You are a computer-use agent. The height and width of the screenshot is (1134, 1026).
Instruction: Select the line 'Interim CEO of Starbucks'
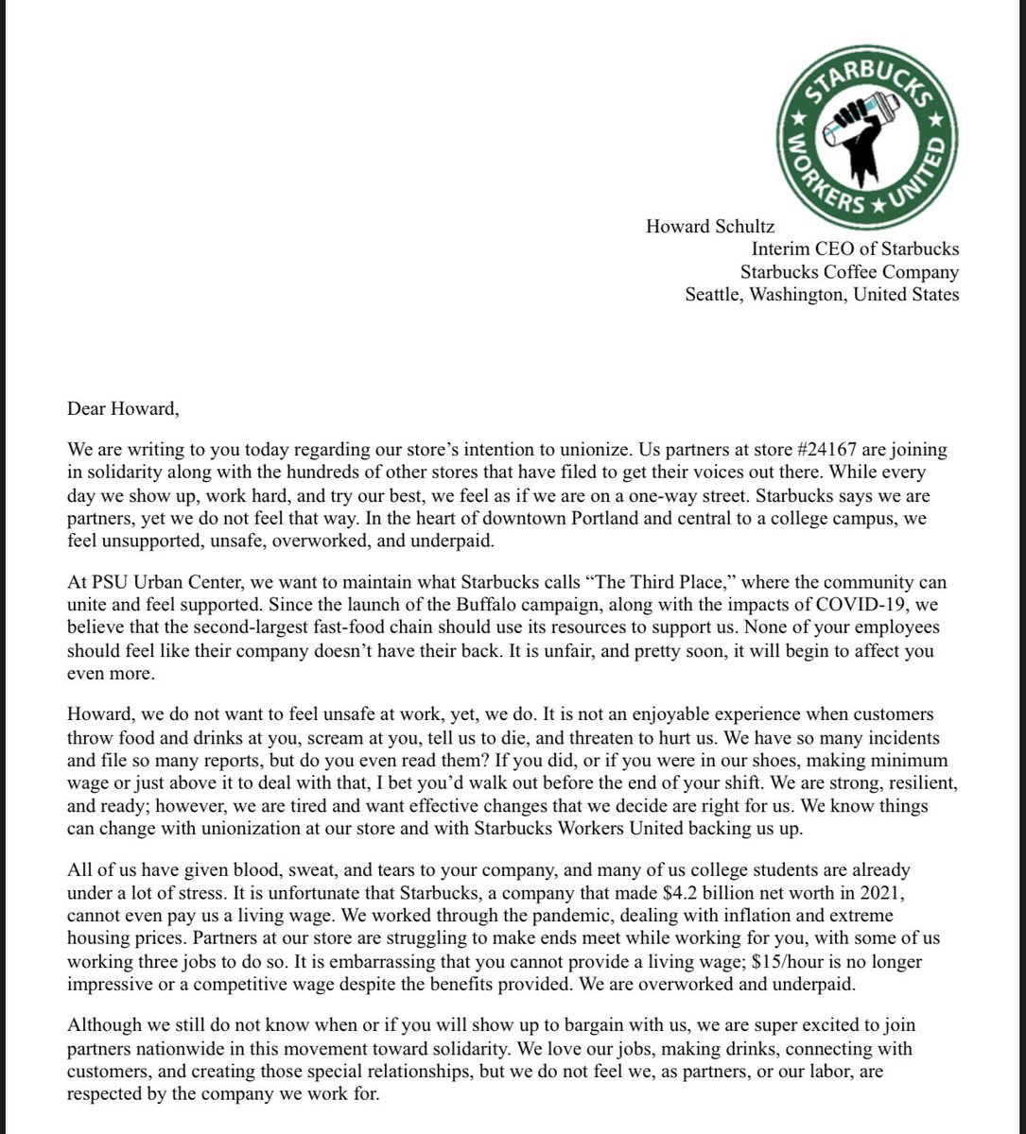click(855, 249)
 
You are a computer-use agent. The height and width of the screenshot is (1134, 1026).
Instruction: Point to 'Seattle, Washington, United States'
click(822, 295)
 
